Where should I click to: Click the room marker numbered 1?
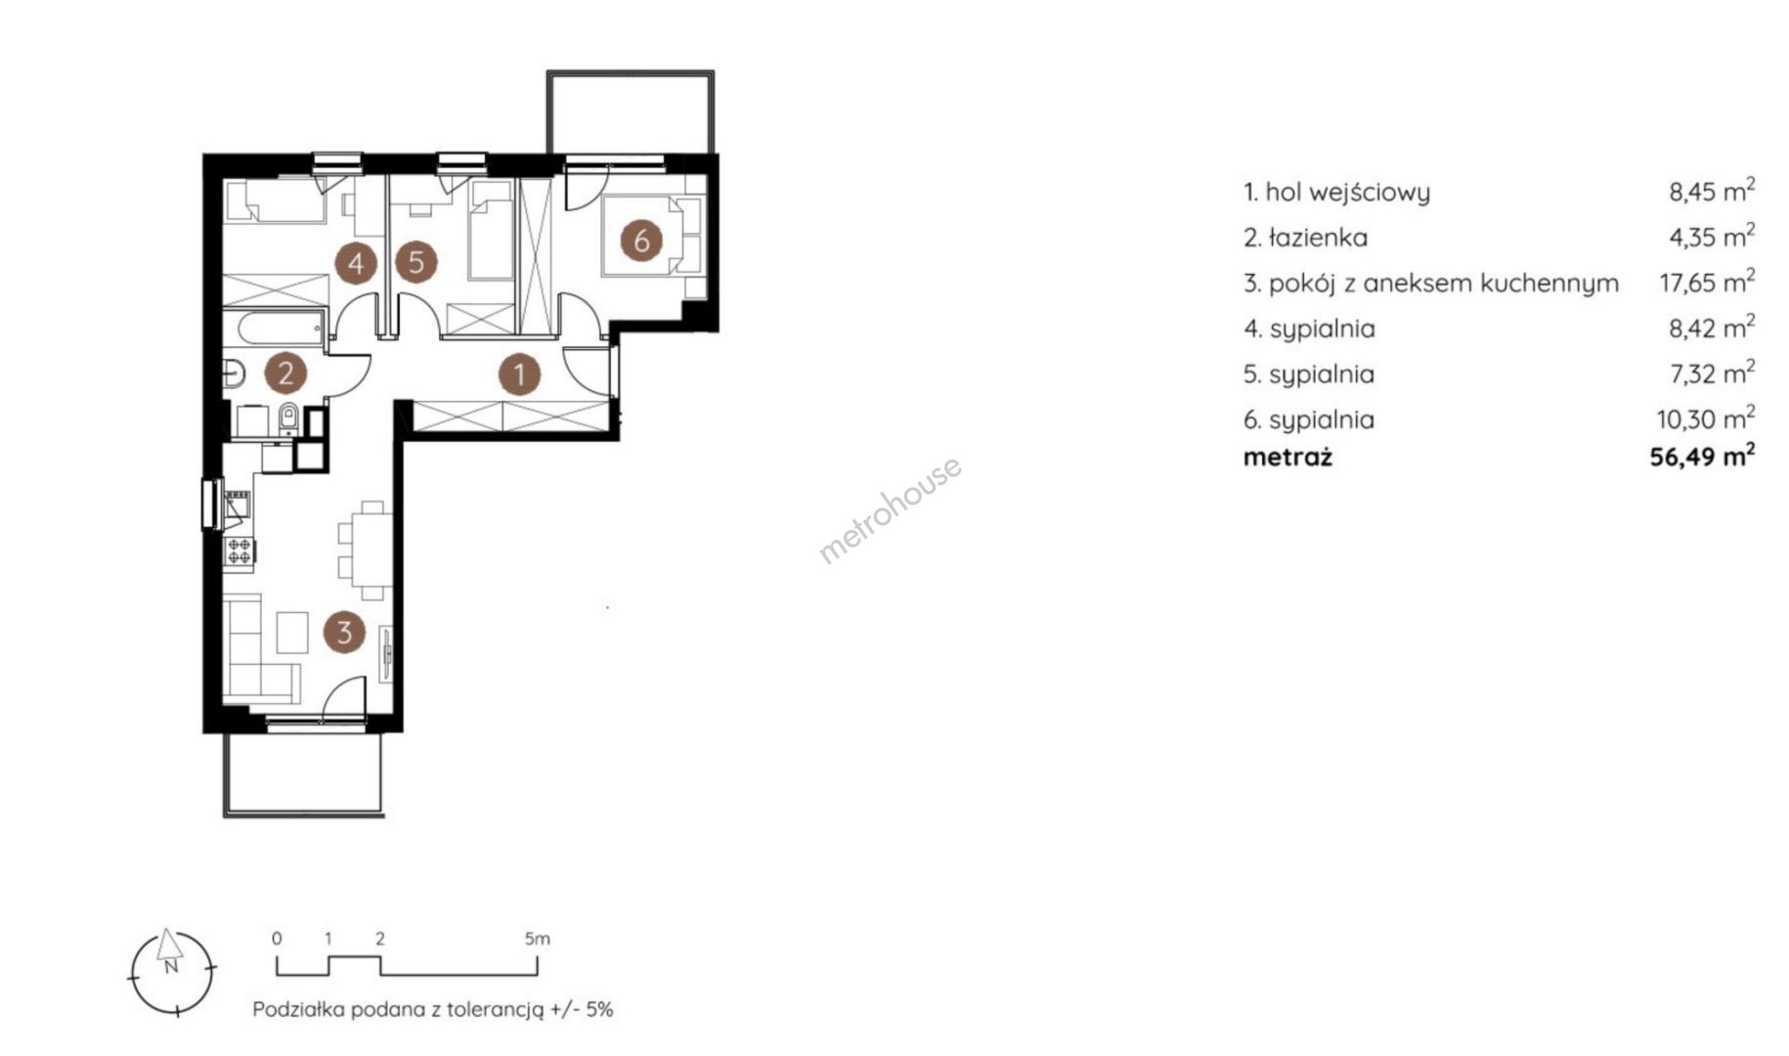point(520,374)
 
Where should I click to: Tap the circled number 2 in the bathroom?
point(285,373)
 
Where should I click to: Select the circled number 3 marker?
point(344,632)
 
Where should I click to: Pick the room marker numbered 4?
point(356,263)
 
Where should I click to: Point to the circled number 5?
point(416,263)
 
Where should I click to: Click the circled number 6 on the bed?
point(641,240)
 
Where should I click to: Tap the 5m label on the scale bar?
point(537,939)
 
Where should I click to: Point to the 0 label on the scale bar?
point(277,939)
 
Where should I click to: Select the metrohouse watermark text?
point(890,510)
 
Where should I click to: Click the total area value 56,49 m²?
point(1702,456)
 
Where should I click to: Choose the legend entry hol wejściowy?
point(1336,192)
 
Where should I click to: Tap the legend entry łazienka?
point(1305,238)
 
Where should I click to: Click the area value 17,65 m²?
point(1707,283)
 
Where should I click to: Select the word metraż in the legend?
point(1287,457)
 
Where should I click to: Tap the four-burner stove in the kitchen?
point(240,551)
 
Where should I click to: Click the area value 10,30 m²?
point(1705,419)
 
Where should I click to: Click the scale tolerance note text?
point(433,1010)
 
